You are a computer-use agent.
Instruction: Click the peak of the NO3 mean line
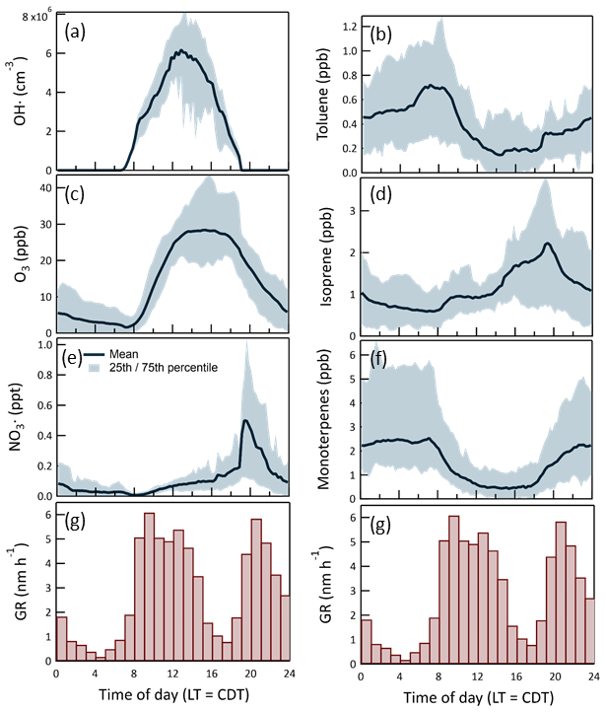[244, 421]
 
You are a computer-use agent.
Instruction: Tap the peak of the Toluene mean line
[430, 86]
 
